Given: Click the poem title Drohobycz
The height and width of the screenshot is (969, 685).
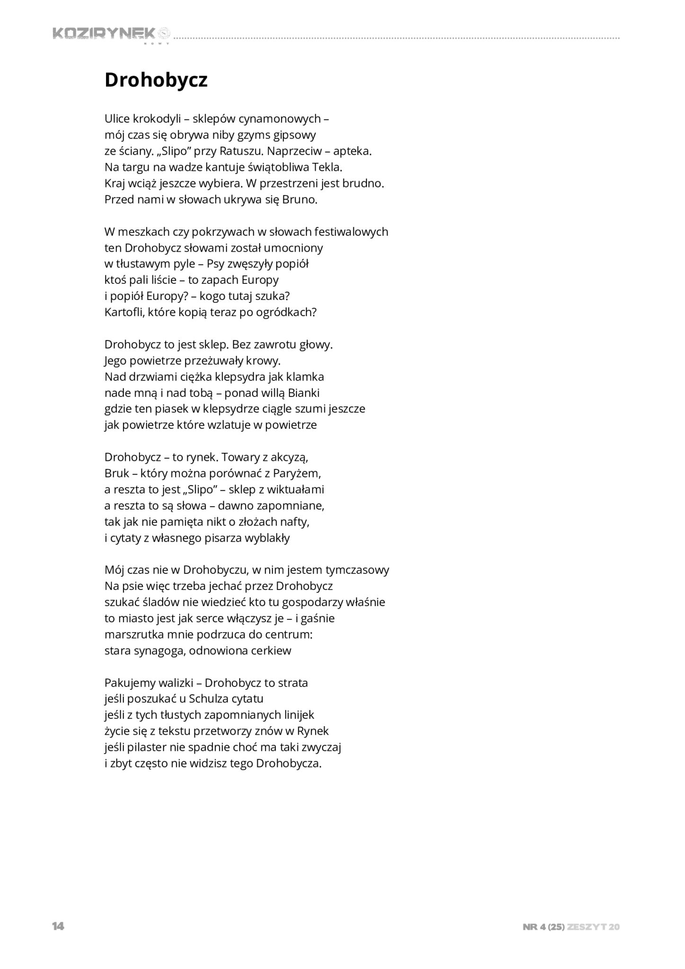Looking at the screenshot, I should (156, 80).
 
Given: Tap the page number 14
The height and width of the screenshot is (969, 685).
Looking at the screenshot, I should (58, 926).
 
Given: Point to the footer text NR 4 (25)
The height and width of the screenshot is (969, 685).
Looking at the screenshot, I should (544, 927).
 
